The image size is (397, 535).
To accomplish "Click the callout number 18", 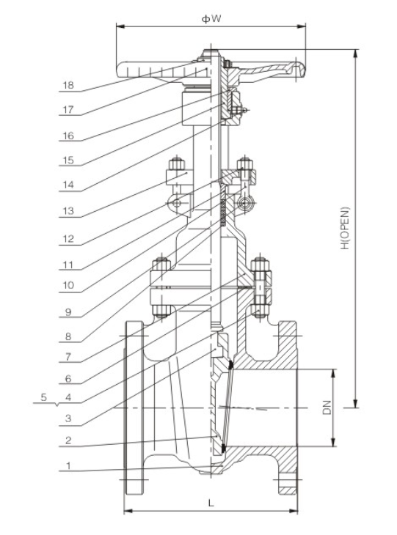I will click(x=68, y=85).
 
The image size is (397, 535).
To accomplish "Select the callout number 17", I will click(x=68, y=111).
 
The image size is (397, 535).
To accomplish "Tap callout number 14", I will click(x=68, y=187).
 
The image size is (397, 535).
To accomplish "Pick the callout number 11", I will click(x=68, y=264).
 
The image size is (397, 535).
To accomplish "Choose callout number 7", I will click(x=68, y=358).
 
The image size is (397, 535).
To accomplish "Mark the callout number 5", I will click(x=44, y=397).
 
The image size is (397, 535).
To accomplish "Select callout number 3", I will click(x=68, y=419).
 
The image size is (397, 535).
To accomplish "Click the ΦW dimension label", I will click(x=211, y=18).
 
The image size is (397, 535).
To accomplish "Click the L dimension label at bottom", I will click(x=211, y=503).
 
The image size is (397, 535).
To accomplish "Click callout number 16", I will click(x=68, y=136).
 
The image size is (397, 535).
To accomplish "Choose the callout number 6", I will click(x=68, y=380).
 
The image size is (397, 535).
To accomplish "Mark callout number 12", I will click(x=68, y=238).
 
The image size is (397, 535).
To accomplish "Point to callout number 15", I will click(x=68, y=161).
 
